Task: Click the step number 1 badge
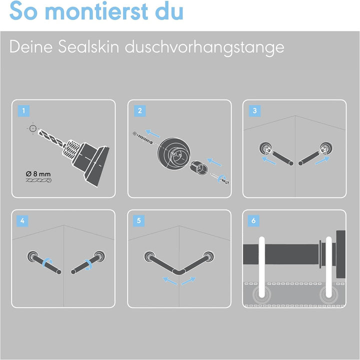pos(23,111)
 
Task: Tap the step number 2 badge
pos(140,111)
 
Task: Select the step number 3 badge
pos(254,111)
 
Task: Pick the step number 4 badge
pos(22,221)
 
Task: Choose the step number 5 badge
pos(138,221)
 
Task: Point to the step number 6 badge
pos(253,221)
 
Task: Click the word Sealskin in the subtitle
pos(88,47)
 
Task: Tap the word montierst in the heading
pos(97,11)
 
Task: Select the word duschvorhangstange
pos(204,48)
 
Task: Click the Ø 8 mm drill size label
pos(38,174)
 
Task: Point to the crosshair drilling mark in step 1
pos(33,128)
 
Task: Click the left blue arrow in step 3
pos(268,160)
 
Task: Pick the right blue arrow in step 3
pos(322,160)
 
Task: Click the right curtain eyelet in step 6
pos(328,295)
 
